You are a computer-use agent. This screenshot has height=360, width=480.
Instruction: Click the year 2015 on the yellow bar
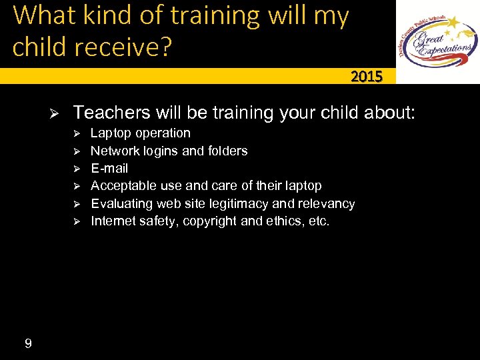(x=367, y=77)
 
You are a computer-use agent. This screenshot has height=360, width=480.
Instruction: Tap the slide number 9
(x=27, y=344)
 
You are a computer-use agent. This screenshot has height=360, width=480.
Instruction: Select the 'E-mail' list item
(x=109, y=168)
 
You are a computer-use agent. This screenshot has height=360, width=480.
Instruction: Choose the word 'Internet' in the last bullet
(x=113, y=221)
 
